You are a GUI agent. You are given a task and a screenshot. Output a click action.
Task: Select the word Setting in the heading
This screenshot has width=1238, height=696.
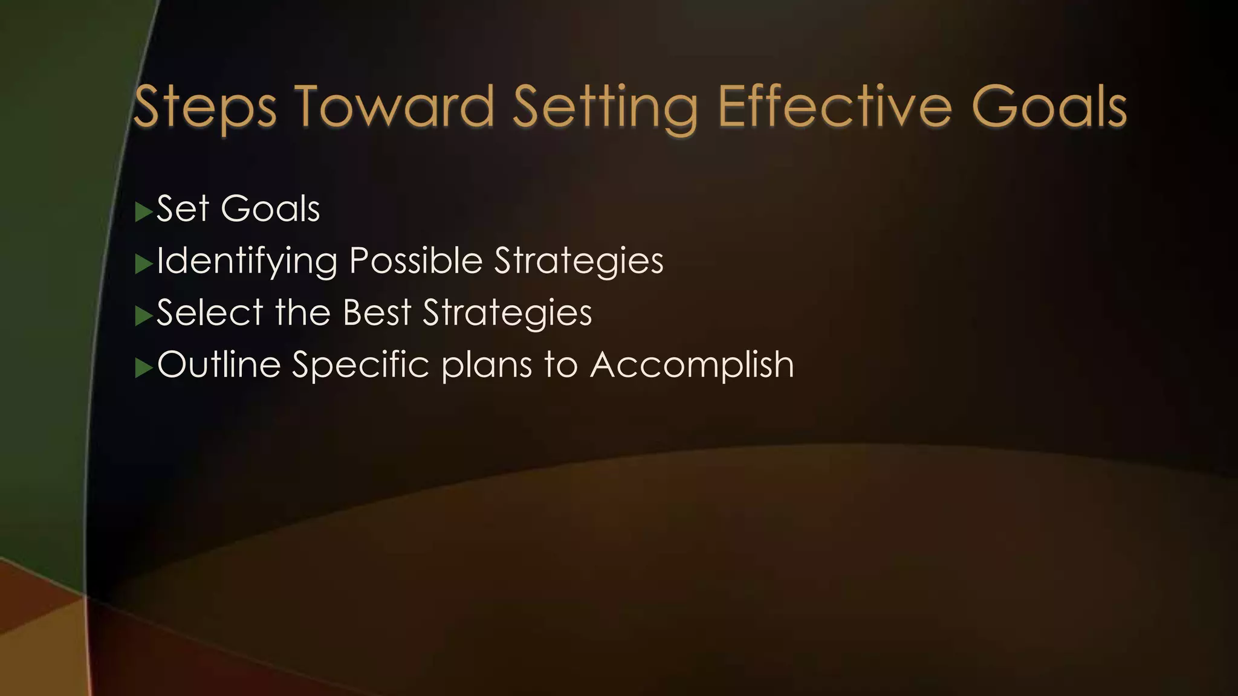(604, 108)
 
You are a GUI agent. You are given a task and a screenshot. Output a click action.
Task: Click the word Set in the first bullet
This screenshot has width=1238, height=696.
(183, 208)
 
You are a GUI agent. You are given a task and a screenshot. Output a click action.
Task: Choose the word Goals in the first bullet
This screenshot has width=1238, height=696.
(270, 208)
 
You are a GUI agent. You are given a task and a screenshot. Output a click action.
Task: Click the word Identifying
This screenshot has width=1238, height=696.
(247, 262)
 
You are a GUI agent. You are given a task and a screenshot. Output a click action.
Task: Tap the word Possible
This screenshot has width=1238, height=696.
(416, 260)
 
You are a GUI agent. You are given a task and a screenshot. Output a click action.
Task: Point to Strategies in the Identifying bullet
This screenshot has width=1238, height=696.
(578, 262)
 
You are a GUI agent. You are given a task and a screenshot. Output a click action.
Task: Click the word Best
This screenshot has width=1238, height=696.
(377, 312)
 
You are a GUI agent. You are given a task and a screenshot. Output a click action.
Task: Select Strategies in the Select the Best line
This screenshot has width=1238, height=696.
(507, 314)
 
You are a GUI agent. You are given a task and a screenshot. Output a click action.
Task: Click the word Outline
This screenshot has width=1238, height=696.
(219, 364)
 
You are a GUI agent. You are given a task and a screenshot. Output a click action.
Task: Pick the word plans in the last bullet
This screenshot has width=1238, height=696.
(487, 366)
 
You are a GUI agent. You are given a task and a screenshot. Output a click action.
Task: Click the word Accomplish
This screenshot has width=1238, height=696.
(692, 366)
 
